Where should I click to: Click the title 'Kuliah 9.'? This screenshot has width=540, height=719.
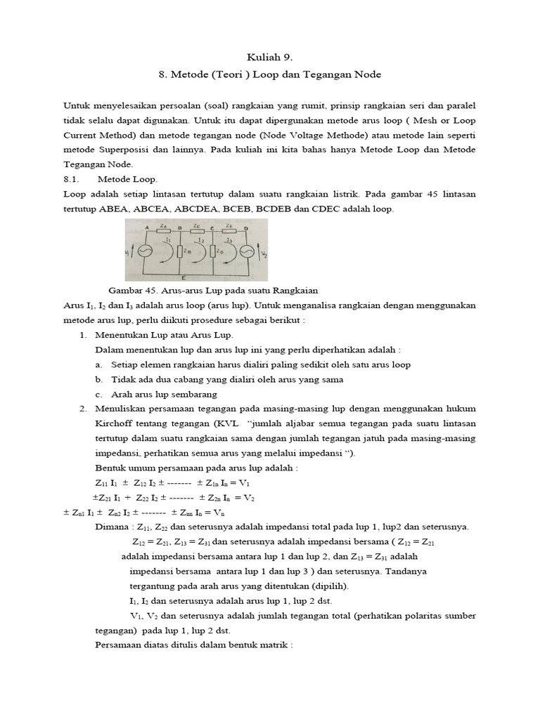click(270, 57)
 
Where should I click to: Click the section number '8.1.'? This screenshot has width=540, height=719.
click(72, 179)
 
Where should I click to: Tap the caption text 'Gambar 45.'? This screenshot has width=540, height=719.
click(129, 290)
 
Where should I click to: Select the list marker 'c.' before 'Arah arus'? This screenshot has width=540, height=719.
click(98, 394)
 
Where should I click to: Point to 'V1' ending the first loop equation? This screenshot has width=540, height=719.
click(245, 483)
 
